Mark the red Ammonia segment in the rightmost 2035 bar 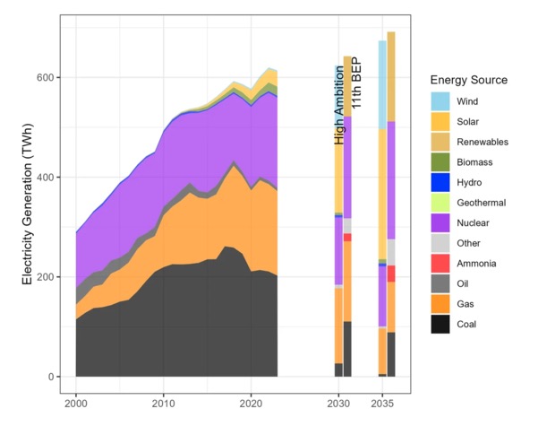coord(391,274)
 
